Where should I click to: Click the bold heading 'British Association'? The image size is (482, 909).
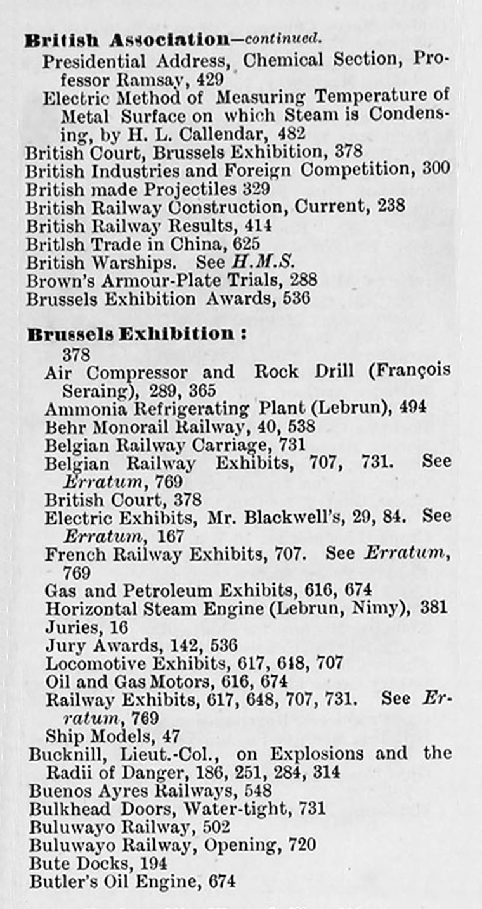tap(126, 40)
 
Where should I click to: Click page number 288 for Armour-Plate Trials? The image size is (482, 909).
tap(303, 280)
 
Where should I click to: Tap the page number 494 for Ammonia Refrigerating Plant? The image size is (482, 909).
tap(413, 409)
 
